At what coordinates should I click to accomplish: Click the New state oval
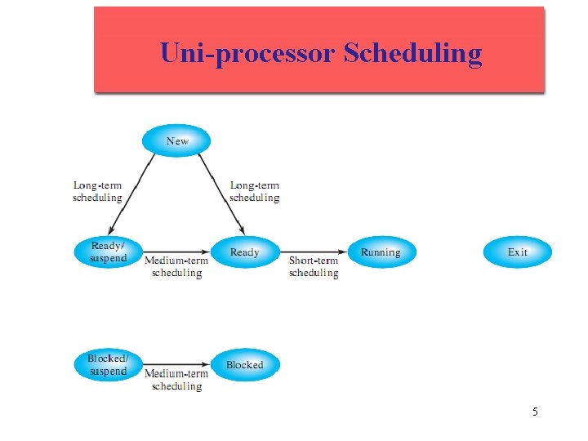pyautogui.click(x=176, y=140)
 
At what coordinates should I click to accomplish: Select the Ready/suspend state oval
pyautogui.click(x=108, y=252)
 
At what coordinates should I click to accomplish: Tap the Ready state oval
pyautogui.click(x=245, y=252)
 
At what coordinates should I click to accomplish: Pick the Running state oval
pyautogui.click(x=381, y=252)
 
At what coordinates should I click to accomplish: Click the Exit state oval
pyautogui.click(x=518, y=252)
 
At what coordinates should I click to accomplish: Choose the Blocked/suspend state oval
pyautogui.click(x=108, y=365)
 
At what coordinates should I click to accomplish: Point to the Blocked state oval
pyautogui.click(x=245, y=365)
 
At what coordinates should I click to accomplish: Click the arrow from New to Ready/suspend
pyautogui.click(x=132, y=194)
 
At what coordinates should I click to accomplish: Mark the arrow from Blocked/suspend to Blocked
pyautogui.click(x=176, y=365)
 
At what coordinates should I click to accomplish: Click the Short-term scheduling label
pyautogui.click(x=314, y=267)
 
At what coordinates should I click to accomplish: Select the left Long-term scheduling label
pyautogui.click(x=97, y=191)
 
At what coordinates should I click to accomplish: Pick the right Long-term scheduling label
pyautogui.click(x=254, y=191)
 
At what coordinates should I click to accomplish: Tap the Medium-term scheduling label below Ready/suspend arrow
pyautogui.click(x=176, y=267)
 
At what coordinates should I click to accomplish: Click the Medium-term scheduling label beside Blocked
pyautogui.click(x=176, y=380)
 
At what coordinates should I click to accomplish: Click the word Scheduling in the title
pyautogui.click(x=413, y=52)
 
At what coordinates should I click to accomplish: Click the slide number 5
pyautogui.click(x=535, y=412)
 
